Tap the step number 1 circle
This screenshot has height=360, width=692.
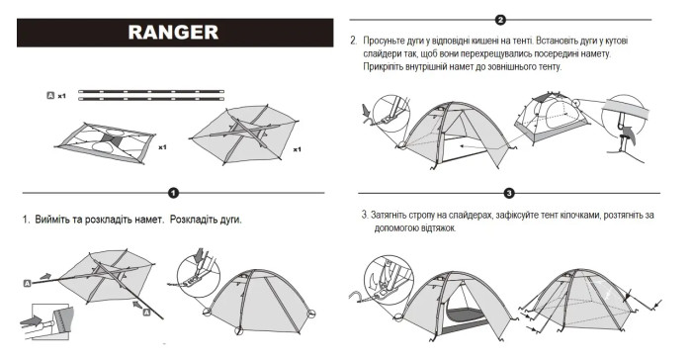click(x=173, y=193)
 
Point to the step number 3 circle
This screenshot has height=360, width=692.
click(x=509, y=193)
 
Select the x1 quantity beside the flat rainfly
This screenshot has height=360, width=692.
click(x=298, y=149)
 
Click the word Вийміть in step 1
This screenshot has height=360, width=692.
click(x=58, y=220)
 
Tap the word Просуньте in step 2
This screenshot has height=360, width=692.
click(x=389, y=42)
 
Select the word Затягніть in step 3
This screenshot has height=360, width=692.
click(x=398, y=215)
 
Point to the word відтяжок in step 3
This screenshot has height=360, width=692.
click(x=434, y=228)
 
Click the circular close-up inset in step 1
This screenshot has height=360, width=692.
click(x=202, y=284)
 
